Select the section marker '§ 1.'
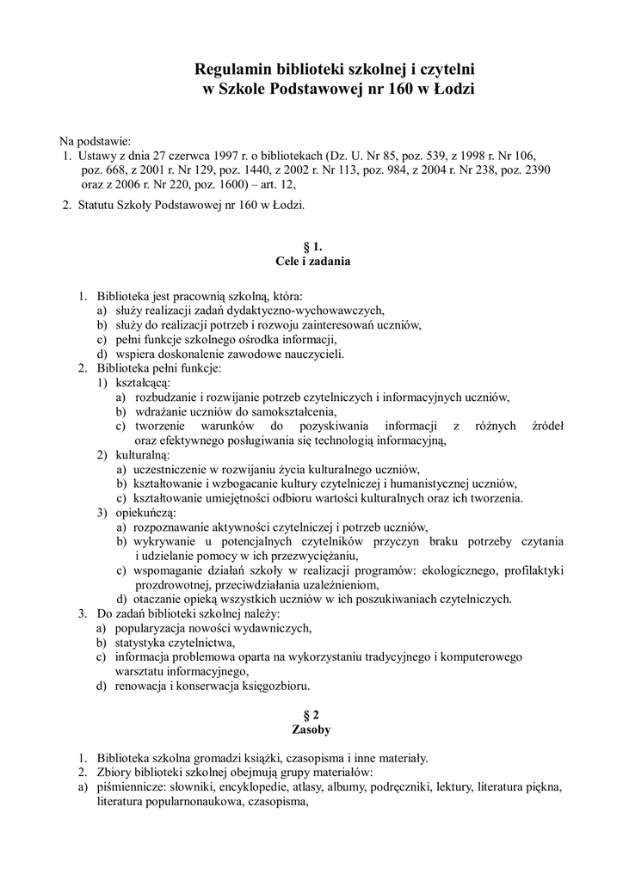pyautogui.click(x=312, y=245)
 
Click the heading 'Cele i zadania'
pyautogui.click(x=311, y=260)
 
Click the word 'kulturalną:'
pyautogui.click(x=143, y=453)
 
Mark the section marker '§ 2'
pyautogui.click(x=311, y=715)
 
